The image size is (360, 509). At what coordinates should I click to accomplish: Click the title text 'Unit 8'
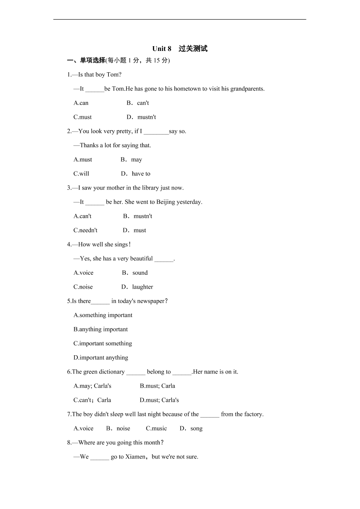coord(162,49)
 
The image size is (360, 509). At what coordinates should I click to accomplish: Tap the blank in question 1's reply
coord(94,89)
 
